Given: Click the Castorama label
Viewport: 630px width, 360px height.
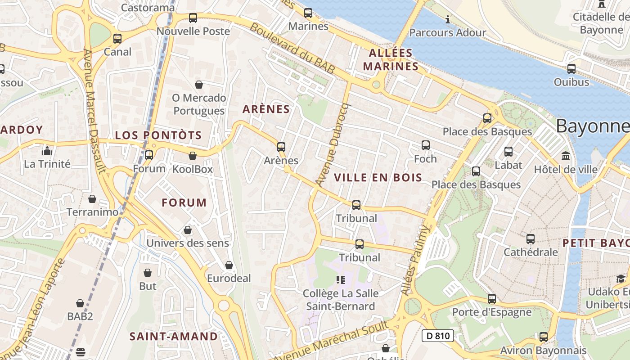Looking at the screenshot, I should coord(148,7).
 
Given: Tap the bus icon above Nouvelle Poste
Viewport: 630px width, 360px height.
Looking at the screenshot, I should coord(193,18).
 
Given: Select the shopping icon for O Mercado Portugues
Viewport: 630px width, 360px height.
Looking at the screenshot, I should coord(199,85).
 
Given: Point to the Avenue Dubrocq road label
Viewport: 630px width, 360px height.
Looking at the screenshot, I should coord(333,144).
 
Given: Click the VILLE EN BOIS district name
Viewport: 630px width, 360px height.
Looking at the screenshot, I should coord(378,178).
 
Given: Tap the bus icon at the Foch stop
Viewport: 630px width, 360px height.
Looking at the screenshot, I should coord(426,145).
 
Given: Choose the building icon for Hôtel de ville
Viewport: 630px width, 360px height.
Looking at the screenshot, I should coord(566,156).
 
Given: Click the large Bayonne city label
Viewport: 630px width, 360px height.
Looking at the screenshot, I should coord(592,126).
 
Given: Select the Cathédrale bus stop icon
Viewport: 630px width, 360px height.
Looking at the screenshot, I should coord(531,239).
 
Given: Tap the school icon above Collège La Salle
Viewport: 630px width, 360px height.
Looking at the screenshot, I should coord(341,280).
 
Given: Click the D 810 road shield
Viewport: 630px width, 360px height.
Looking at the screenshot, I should coord(437,335).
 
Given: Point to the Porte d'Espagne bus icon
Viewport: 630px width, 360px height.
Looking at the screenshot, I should coord(492,299).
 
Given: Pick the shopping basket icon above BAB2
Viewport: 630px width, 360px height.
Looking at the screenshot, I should coord(80,303).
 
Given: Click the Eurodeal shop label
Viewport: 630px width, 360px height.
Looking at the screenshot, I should coord(229,279).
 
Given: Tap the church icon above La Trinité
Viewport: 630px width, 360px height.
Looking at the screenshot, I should coord(47,151).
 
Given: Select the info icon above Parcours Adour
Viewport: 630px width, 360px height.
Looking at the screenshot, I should coord(448,19).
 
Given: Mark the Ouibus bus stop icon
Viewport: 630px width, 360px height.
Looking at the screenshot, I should coord(571,69).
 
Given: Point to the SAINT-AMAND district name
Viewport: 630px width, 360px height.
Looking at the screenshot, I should coord(174,337).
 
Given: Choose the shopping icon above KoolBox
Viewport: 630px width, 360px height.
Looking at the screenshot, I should coord(193,156).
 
